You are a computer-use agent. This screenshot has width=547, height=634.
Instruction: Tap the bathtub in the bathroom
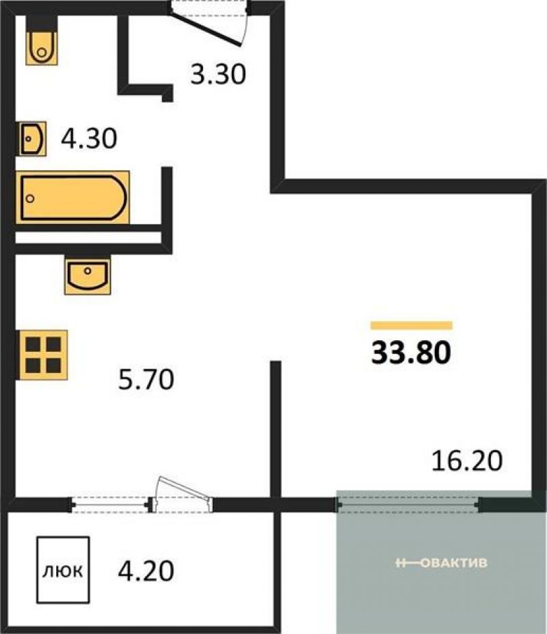(73, 197)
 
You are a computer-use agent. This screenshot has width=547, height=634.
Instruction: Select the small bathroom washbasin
(31, 139)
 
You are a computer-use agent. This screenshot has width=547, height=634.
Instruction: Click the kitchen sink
(88, 277)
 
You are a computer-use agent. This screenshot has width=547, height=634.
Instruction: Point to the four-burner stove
(42, 355)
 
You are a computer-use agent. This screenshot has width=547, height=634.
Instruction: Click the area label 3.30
(218, 74)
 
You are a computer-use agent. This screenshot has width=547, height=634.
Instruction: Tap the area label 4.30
(89, 138)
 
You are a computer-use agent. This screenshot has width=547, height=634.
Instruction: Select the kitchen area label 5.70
(146, 379)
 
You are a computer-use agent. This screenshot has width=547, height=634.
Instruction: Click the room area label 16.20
(467, 460)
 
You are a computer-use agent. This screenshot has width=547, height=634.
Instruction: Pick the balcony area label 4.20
(146, 570)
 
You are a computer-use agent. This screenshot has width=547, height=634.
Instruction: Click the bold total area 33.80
(411, 352)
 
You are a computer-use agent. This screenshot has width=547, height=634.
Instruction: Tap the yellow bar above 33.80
(412, 325)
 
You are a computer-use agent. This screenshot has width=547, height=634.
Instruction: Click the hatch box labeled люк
(63, 570)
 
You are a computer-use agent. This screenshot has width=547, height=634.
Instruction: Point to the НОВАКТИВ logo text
(442, 563)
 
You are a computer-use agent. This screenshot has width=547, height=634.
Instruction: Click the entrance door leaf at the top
(206, 28)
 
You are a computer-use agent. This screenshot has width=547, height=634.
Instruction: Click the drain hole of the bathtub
(30, 199)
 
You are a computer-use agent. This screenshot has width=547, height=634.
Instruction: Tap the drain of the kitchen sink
(88, 271)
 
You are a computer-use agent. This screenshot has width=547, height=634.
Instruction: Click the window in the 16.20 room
(408, 505)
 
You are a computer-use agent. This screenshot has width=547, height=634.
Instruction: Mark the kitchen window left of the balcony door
(110, 505)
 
